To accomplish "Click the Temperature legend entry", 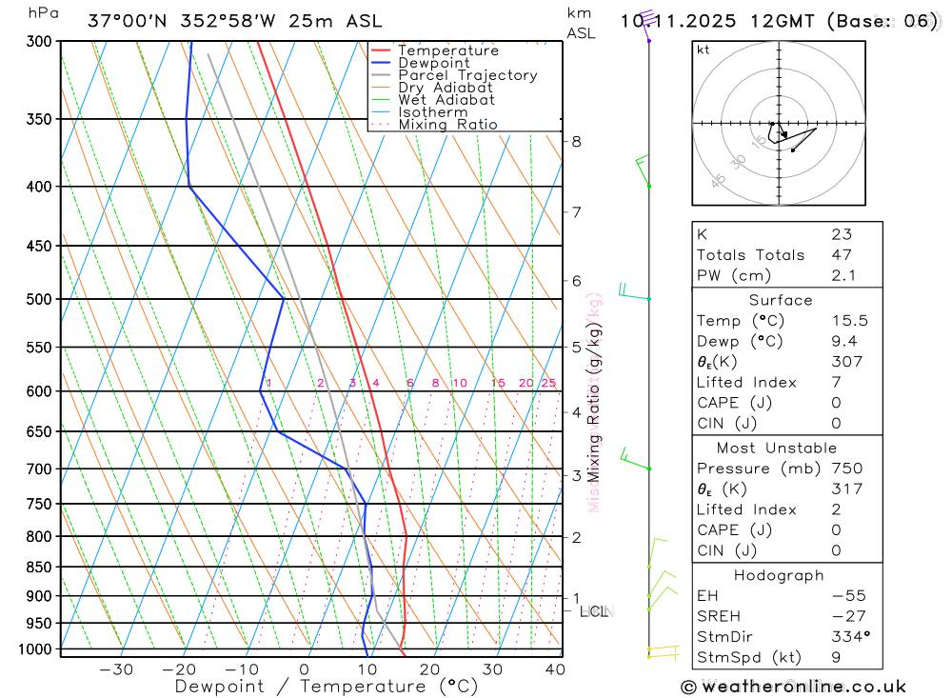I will (447, 50).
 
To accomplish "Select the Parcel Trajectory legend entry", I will (467, 75).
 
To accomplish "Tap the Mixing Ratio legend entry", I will (447, 125).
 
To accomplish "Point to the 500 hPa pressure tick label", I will (39, 299).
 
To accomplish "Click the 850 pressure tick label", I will (39, 568).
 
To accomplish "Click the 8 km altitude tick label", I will (576, 142).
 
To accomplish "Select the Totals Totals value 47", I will (842, 255).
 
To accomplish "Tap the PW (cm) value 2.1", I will (843, 276).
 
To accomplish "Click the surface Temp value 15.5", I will (849, 321).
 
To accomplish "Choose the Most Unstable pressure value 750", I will (846, 469).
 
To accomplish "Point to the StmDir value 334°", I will (849, 637).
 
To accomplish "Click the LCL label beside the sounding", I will (594, 611).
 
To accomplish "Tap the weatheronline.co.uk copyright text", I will (794, 687).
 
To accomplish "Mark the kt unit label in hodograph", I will (704, 50).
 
